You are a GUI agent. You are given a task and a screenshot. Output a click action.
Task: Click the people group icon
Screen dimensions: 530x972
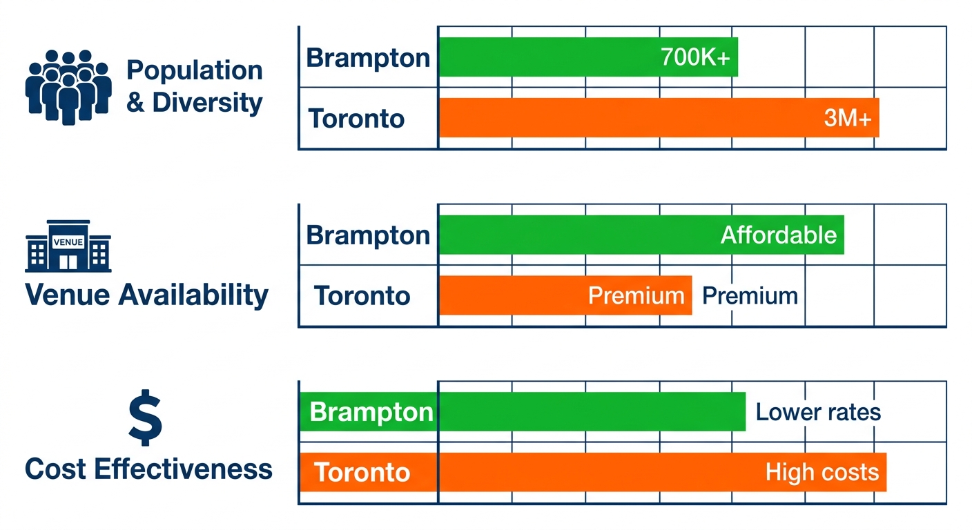point(68,87)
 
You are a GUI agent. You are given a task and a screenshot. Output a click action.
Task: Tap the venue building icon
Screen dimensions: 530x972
point(68,247)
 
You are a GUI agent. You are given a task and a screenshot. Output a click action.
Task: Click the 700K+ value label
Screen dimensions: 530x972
point(694,58)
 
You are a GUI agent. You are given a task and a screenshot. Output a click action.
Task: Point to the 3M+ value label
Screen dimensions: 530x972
point(848,119)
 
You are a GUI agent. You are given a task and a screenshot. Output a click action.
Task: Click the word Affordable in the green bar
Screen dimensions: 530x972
point(779,235)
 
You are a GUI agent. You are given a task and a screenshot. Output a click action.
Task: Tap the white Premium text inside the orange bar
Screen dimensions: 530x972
point(636,296)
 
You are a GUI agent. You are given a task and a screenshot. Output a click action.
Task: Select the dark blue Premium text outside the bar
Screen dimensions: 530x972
point(750,296)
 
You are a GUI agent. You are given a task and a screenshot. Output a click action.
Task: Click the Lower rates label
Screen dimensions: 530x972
point(818,413)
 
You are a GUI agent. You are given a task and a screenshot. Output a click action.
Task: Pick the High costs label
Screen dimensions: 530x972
point(822,473)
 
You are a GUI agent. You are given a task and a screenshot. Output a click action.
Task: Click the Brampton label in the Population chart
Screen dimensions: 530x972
point(368,58)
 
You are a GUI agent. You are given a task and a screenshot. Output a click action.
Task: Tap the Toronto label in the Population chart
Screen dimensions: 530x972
point(356,119)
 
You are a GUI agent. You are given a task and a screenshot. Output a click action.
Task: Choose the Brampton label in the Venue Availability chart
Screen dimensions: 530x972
point(368,235)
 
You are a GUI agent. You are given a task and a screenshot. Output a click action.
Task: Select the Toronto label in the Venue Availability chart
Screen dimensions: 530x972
point(362,296)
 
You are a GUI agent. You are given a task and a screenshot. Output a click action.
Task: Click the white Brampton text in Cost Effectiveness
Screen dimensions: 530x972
point(371,413)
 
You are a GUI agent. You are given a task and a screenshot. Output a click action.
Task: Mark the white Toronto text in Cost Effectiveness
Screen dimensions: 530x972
point(362,473)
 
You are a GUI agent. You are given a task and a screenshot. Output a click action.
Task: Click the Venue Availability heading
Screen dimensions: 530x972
point(146,295)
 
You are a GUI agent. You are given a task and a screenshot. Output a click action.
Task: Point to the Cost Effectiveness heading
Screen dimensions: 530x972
point(148,469)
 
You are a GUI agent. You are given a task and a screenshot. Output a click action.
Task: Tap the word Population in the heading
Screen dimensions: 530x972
point(195,70)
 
